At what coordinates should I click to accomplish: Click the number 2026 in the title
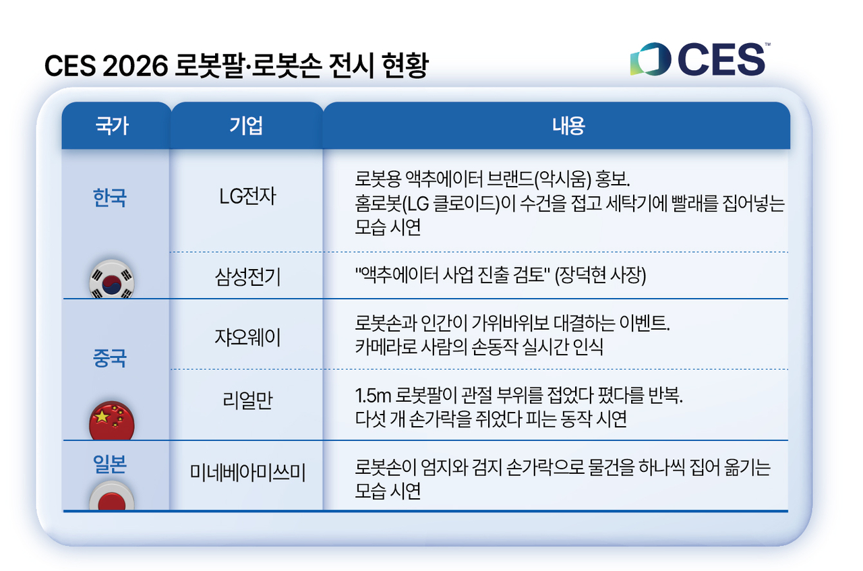136,65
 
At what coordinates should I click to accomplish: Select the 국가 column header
112,126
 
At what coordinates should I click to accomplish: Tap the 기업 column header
246,126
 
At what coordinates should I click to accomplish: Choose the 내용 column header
568,126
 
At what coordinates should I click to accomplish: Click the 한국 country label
110,198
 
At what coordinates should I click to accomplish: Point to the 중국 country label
110,359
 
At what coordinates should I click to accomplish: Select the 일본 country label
110,464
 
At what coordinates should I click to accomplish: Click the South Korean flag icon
112,279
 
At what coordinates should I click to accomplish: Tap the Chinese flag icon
112,421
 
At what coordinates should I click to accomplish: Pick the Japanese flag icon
112,496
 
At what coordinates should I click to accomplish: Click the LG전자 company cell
247,196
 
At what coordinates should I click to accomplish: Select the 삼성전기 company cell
247,276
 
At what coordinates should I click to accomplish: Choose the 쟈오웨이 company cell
247,338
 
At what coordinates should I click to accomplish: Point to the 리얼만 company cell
247,400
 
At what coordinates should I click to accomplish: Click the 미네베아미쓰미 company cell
247,473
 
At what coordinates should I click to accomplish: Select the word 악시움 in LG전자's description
565,179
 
